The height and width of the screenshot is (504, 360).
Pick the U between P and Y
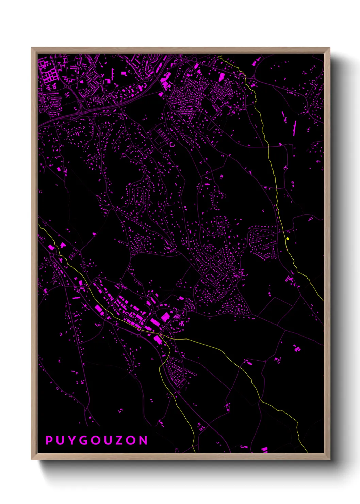tap(60, 440)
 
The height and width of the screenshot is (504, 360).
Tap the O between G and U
tap(95, 440)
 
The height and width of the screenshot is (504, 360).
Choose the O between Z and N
tap(131, 440)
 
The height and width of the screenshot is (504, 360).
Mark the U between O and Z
tap(108, 440)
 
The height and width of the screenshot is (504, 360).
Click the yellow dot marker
tap(288, 239)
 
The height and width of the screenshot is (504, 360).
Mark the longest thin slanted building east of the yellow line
tap(295, 128)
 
